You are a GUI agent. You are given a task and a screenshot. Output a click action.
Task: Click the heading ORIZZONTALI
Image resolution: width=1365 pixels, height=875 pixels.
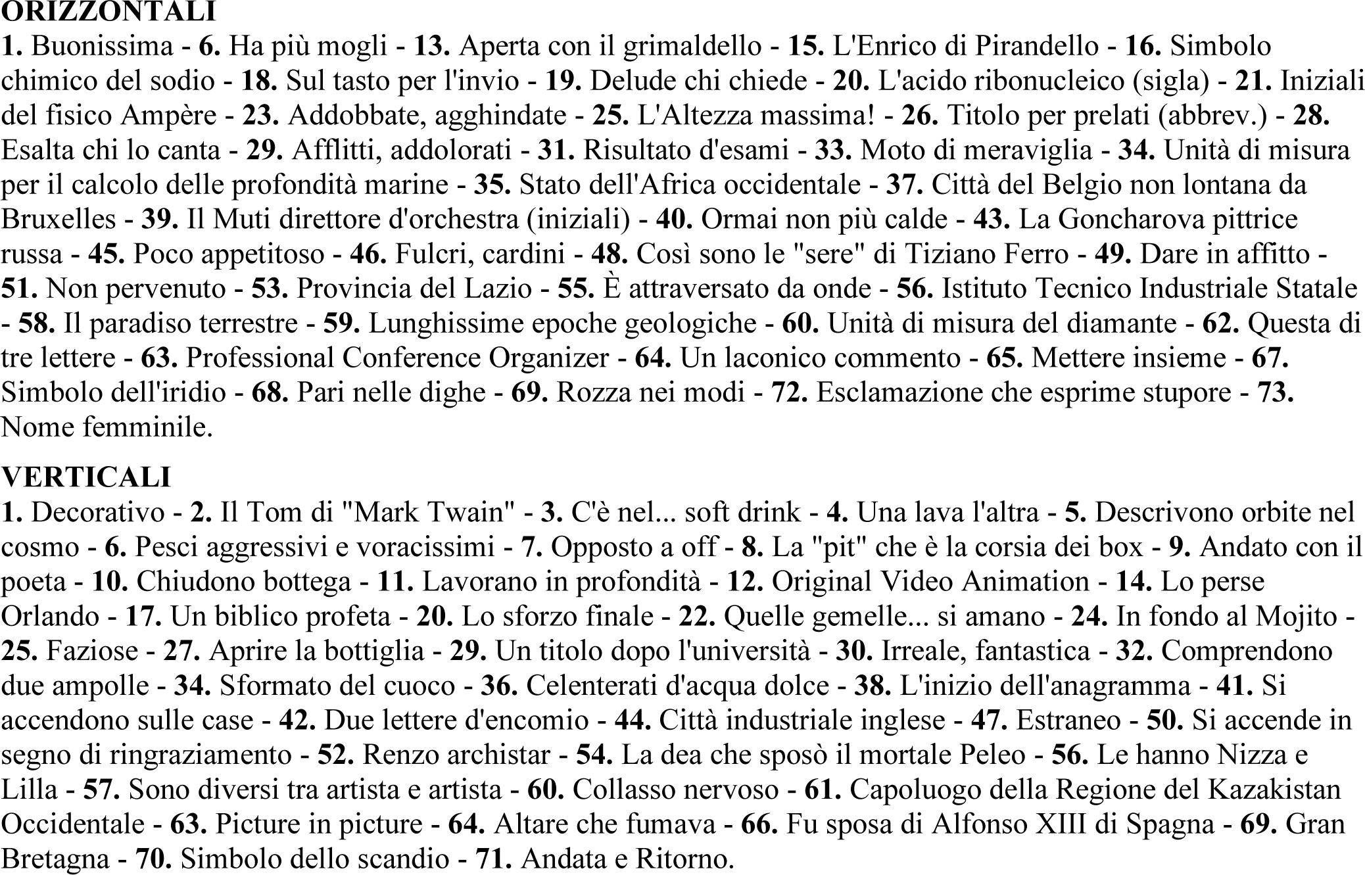click(108, 11)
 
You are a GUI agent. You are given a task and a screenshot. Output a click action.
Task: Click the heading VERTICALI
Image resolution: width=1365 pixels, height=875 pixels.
click(86, 477)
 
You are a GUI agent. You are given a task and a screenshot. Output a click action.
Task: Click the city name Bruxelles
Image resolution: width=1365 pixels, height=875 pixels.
click(59, 219)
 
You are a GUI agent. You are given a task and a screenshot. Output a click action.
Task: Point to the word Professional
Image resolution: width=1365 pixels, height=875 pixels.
click(260, 358)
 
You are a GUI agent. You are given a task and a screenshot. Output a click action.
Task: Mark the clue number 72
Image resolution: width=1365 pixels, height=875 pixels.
click(789, 392)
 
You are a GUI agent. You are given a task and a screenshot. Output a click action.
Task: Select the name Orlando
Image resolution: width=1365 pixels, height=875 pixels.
click(49, 616)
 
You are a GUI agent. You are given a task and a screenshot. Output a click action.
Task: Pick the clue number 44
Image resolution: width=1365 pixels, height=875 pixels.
click(633, 720)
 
